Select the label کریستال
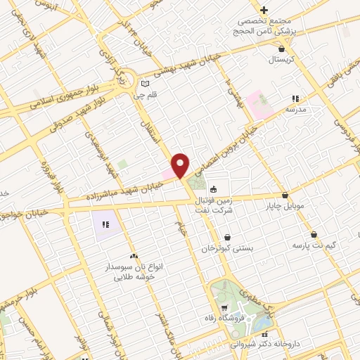point(282,61)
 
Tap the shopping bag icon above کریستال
point(282,49)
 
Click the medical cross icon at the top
point(264,10)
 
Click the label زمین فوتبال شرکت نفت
point(215,205)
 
